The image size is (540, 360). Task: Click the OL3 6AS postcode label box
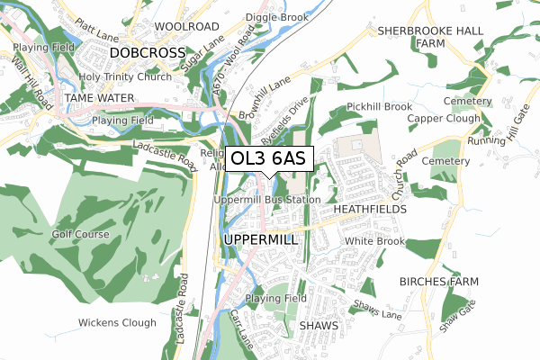pos(269,158)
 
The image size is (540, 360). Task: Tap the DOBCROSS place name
pos(147,54)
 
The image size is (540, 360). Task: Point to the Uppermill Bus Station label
pos(267,199)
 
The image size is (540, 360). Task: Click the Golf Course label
pos(79,234)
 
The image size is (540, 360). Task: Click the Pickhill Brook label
pos(379,106)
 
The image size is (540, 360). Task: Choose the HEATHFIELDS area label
pos(370,208)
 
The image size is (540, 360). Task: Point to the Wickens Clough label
pos(117,322)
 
